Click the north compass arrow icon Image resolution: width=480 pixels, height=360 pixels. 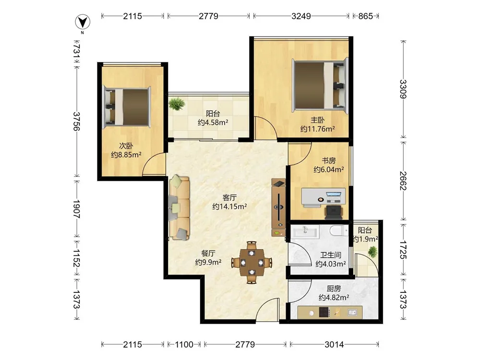(x=83, y=23)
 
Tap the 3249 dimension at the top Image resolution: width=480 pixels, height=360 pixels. (x=301, y=16)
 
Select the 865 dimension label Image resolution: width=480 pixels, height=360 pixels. (x=365, y=16)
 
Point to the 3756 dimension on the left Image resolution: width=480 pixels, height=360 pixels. (x=76, y=121)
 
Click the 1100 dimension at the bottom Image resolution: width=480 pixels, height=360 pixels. (x=184, y=345)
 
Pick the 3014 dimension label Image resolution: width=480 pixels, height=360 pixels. (x=334, y=345)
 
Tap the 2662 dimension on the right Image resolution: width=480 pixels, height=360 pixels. (x=403, y=180)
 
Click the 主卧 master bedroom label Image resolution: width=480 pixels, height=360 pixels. (x=318, y=120)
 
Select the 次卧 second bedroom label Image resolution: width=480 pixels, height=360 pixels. (x=126, y=146)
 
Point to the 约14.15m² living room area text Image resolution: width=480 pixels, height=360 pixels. (x=229, y=206)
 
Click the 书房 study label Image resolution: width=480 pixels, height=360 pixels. (x=328, y=160)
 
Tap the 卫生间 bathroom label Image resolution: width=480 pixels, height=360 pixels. (x=331, y=255)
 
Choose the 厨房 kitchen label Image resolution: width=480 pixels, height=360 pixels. (x=334, y=288)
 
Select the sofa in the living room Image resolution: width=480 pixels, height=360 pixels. (x=180, y=207)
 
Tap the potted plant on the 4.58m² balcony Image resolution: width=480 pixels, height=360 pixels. (x=177, y=104)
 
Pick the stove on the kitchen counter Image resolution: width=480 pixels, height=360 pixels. (x=324, y=312)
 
